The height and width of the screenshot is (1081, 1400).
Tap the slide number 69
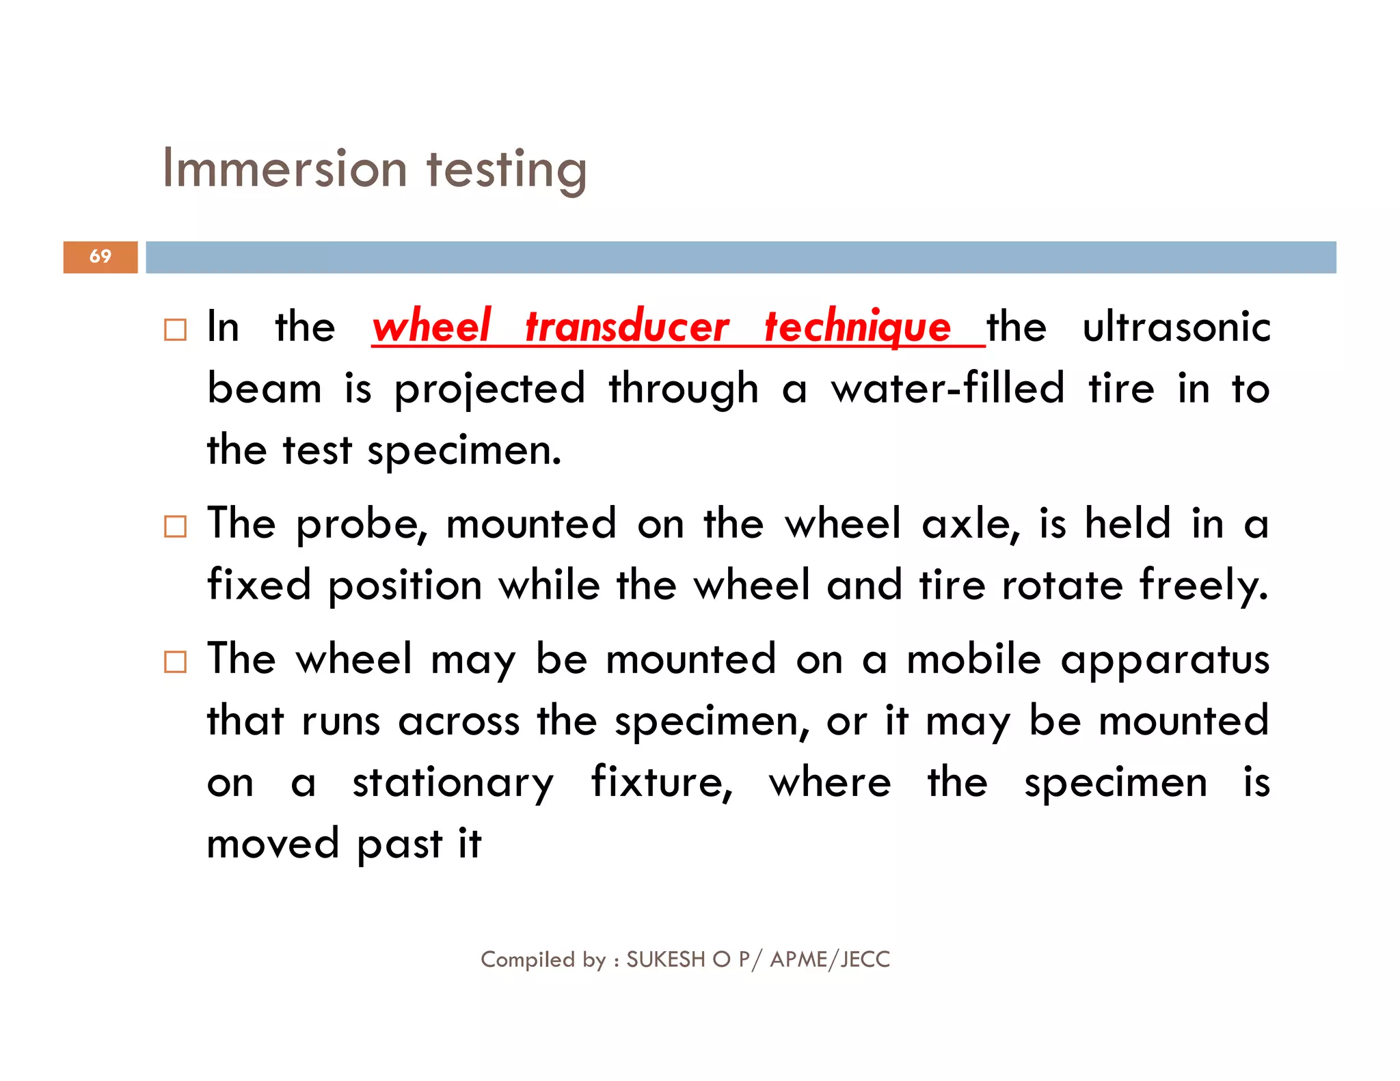pyautogui.click(x=100, y=256)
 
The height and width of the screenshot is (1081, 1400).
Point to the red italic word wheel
pyautogui.click(x=431, y=326)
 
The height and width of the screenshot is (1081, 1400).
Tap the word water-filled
pyautogui.click(x=947, y=387)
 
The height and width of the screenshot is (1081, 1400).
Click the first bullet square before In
pyautogui.click(x=175, y=330)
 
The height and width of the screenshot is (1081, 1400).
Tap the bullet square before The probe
pyautogui.click(x=175, y=527)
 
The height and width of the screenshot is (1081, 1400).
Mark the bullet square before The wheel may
pyautogui.click(x=175, y=662)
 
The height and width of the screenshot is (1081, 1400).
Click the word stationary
pyautogui.click(x=453, y=782)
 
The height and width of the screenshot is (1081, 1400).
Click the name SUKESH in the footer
pyautogui.click(x=665, y=959)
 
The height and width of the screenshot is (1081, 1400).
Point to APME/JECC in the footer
pyautogui.click(x=830, y=959)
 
